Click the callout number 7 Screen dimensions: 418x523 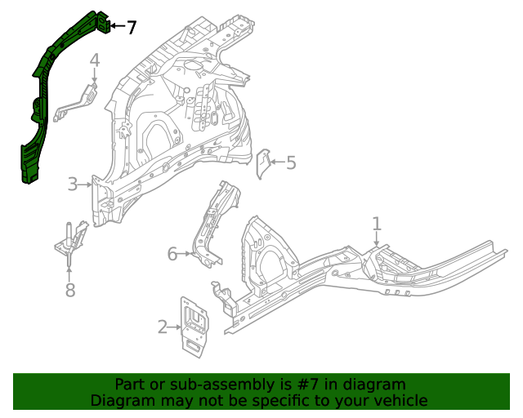pyautogui.click(x=132, y=28)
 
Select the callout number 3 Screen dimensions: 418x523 pyautogui.click(x=73, y=185)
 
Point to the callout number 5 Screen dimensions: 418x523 pyautogui.click(x=291, y=163)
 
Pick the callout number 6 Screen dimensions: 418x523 pyautogui.click(x=172, y=254)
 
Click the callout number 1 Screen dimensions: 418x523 pyautogui.click(x=377, y=223)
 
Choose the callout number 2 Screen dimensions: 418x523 pyautogui.click(x=162, y=327)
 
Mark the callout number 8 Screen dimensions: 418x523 pyautogui.click(x=70, y=290)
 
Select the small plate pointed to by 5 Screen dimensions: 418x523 pyautogui.click(x=264, y=164)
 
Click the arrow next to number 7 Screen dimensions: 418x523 pyautogui.click(x=117, y=27)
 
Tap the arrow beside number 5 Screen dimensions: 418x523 pyautogui.click(x=277, y=162)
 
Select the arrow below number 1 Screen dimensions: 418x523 pyautogui.click(x=377, y=239)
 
